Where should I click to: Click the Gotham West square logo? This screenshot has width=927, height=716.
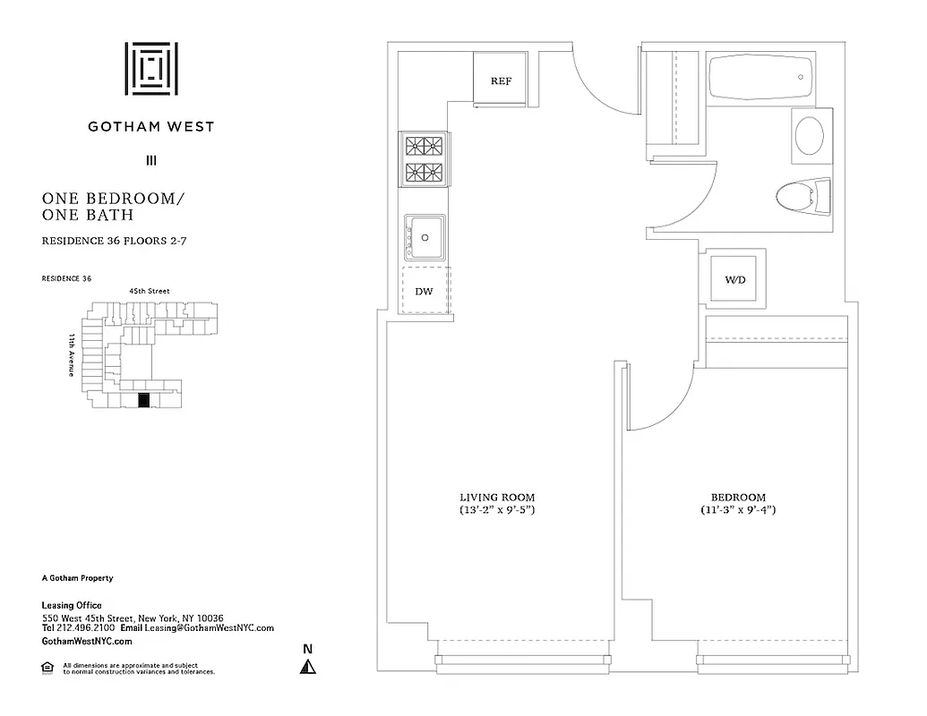tap(150, 68)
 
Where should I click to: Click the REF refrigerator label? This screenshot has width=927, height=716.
tap(501, 81)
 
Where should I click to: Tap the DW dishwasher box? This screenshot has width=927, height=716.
tap(425, 291)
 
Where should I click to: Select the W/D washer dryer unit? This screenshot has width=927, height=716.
tap(734, 280)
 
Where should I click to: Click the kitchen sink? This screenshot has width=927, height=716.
tap(425, 237)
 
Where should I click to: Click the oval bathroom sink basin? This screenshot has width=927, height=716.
tap(811, 136)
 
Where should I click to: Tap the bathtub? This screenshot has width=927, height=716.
tap(760, 79)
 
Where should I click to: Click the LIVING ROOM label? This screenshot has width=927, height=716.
tap(498, 498)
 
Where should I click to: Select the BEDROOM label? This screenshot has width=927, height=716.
tap(738, 498)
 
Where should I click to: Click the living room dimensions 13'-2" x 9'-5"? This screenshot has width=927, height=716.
tap(498, 510)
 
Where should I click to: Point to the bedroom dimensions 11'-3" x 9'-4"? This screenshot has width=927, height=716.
tap(738, 510)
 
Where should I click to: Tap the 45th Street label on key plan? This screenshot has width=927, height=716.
tap(149, 291)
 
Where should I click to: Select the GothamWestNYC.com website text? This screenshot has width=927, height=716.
tap(87, 641)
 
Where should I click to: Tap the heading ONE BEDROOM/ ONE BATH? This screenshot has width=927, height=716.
tap(112, 206)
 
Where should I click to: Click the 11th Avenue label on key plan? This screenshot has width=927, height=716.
tap(71, 355)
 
